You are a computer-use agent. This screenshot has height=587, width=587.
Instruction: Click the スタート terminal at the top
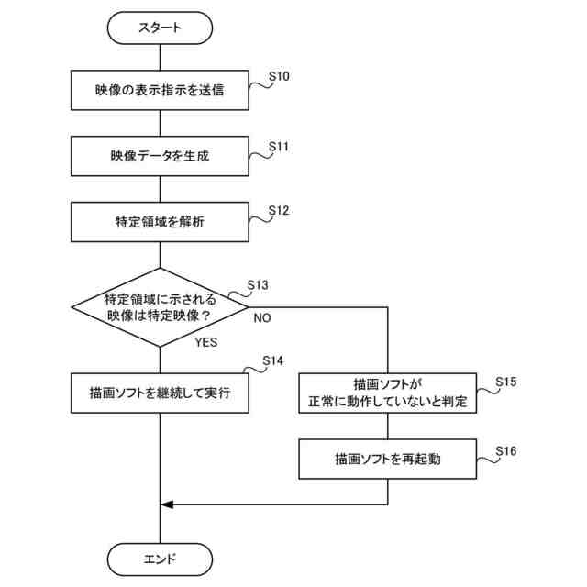[x=160, y=28]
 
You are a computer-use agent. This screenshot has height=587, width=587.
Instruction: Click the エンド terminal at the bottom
[x=160, y=558]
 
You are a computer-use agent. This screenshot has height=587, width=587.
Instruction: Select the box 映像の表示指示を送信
[x=160, y=90]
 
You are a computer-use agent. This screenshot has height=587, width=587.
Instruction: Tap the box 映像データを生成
[x=160, y=156]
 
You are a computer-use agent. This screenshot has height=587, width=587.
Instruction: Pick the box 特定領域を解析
[x=160, y=221]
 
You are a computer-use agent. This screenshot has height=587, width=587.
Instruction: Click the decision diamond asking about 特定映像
[x=160, y=307]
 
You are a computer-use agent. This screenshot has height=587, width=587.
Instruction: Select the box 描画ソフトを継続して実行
[x=160, y=393]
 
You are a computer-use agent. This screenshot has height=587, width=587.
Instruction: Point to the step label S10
[x=279, y=77]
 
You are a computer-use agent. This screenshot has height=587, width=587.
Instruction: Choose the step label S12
[x=279, y=210]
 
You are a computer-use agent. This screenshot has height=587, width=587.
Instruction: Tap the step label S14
[x=272, y=361]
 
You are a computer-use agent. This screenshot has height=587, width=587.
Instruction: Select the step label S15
[x=505, y=380]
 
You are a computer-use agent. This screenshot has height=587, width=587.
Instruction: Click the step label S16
[x=505, y=450]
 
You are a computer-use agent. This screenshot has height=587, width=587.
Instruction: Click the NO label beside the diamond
[x=261, y=317]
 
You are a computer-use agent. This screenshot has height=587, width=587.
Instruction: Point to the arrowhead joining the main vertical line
[x=166, y=504]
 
